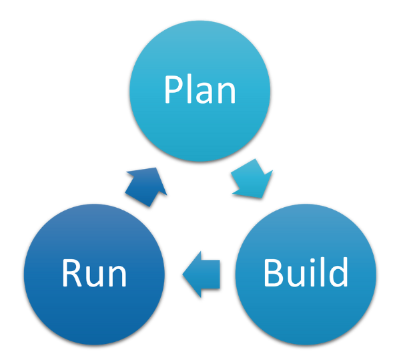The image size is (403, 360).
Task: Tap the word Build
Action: [306, 272]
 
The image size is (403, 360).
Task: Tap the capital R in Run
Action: [71, 273]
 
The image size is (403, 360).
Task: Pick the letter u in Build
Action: [298, 275]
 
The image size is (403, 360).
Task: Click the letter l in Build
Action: [322, 271]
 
